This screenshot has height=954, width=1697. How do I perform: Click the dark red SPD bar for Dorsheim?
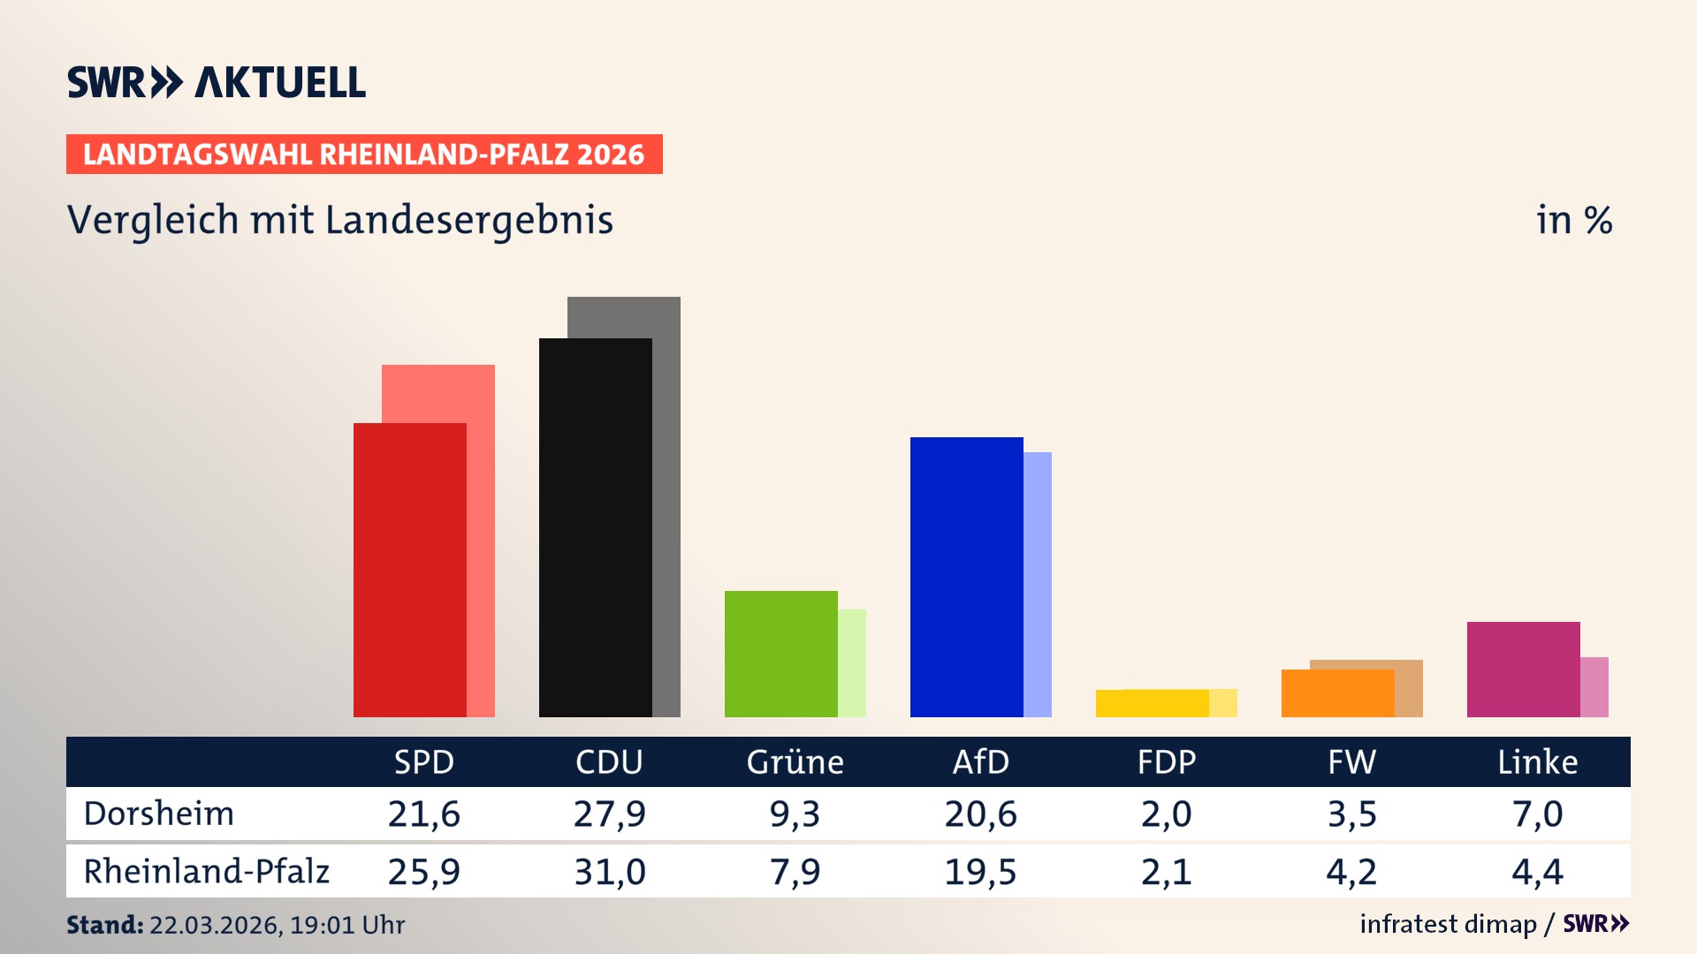(x=409, y=570)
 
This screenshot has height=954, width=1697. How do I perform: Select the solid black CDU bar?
(x=595, y=527)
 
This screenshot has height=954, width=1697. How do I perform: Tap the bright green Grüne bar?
(x=780, y=654)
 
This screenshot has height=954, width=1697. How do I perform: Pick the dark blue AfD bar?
(x=966, y=577)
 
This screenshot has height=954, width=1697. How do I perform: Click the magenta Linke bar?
(x=1523, y=669)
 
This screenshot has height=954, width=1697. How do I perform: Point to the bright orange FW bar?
(x=1337, y=693)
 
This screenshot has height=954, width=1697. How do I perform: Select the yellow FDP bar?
(x=1152, y=703)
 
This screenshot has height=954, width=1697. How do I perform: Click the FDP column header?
(x=1166, y=761)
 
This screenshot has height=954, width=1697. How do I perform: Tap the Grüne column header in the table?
(x=795, y=761)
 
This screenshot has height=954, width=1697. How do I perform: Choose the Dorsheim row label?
(x=159, y=814)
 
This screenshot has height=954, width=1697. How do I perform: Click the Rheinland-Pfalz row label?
(x=206, y=872)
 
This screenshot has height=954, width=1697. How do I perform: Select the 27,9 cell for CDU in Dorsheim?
(x=609, y=814)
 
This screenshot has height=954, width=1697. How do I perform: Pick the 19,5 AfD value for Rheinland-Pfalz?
(x=980, y=872)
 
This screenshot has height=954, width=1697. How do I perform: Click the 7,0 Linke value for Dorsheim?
(x=1537, y=814)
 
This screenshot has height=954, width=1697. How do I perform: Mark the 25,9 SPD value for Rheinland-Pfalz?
(x=423, y=872)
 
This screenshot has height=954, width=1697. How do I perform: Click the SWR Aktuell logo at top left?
(x=217, y=82)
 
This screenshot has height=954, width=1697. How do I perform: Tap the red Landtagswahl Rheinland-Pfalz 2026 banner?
(x=364, y=155)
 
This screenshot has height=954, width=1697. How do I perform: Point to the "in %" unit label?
(x=1573, y=220)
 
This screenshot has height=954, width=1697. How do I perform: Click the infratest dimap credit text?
(x=1448, y=924)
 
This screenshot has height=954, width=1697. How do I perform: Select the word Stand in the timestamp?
(x=104, y=925)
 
